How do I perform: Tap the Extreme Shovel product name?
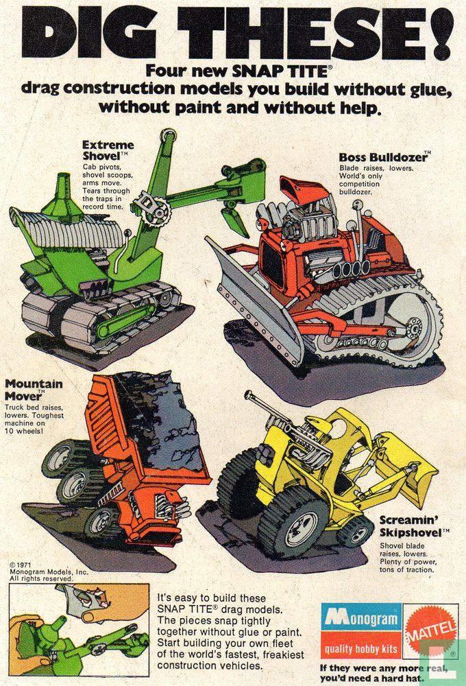[108, 150]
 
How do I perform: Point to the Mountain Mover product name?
[34, 390]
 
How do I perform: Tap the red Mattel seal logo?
[430, 628]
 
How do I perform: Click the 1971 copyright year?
[23, 565]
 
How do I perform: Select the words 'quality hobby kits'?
[361, 648]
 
